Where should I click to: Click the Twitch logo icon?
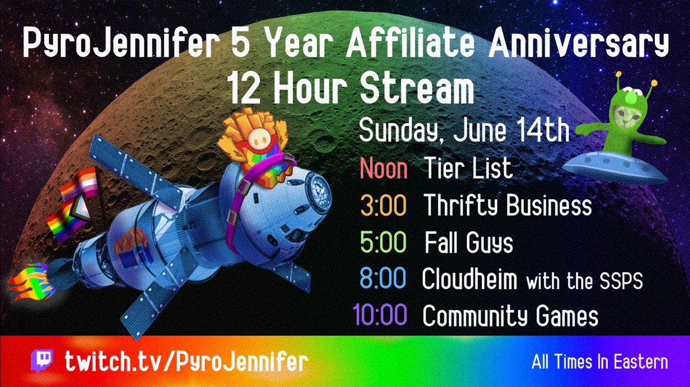point(42,361)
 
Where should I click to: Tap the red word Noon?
point(384,168)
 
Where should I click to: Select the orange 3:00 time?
point(384,205)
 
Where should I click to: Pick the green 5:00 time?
point(383,242)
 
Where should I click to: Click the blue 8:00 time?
point(383,278)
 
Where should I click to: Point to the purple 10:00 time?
point(380,314)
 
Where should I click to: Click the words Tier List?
point(468,168)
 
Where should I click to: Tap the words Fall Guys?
point(469,243)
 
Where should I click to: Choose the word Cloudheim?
point(469,278)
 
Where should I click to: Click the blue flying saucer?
point(615,167)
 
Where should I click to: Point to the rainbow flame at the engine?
point(31,282)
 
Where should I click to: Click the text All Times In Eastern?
point(600,362)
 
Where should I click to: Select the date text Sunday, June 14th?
point(464,131)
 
